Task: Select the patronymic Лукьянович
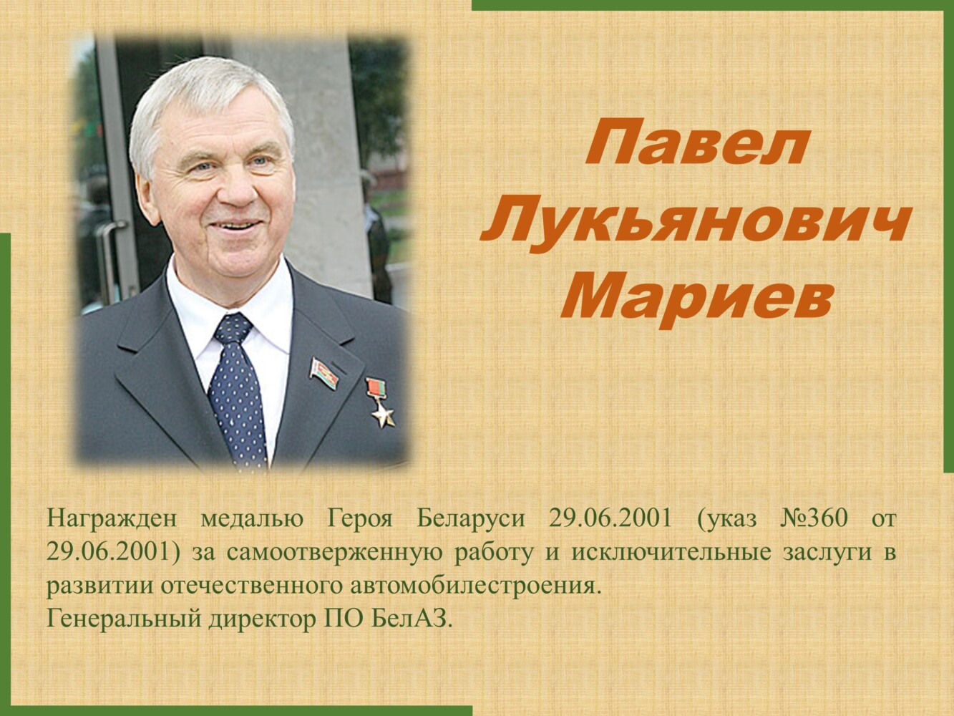[695, 221]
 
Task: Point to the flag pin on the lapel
[323, 372]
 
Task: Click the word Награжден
[112, 521]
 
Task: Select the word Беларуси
[471, 520]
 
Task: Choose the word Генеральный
[124, 618]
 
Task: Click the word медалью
[253, 521]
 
